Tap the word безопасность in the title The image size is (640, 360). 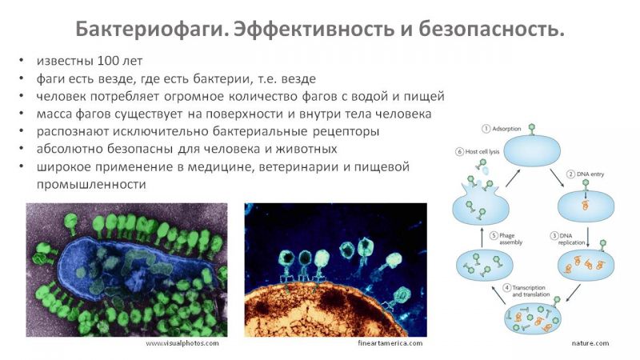coord(491,30)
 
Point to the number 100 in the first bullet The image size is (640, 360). coord(108,61)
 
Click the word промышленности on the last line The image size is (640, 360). coord(91,184)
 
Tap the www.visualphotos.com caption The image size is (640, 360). coord(182,343)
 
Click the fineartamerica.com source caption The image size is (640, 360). coord(390,343)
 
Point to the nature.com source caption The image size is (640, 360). coord(590,343)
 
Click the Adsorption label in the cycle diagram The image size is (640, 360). coord(506,129)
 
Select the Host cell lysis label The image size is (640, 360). coord(482,151)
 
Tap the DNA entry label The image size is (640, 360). coord(590,174)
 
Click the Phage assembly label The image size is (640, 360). coord(510,238)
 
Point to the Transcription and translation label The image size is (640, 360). coord(530,291)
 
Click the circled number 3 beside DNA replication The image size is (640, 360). coord(554,236)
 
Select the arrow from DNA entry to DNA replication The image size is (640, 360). coord(588,237)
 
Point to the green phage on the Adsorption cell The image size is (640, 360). coord(531,130)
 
